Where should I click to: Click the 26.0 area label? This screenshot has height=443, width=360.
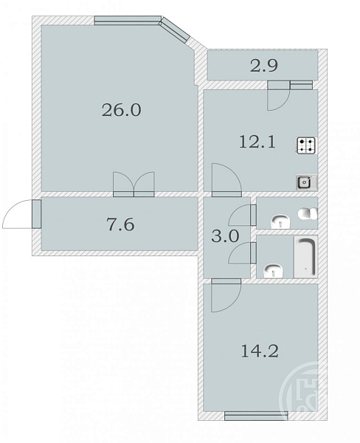pyautogui.click(x=121, y=110)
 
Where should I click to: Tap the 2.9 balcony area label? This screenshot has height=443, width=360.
pyautogui.click(x=264, y=66)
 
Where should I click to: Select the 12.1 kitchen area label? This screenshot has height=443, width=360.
pyautogui.click(x=257, y=142)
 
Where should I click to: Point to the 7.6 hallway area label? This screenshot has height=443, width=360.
pyautogui.click(x=120, y=225)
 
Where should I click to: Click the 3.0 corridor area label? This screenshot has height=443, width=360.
pyautogui.click(x=225, y=236)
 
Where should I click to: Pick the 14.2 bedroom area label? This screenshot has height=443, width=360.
pyautogui.click(x=260, y=351)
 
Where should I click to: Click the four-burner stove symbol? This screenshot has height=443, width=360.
pyautogui.click(x=306, y=145)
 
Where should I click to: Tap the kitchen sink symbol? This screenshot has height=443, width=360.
pyautogui.click(x=307, y=182)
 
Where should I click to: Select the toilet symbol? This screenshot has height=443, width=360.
pyautogui.click(x=308, y=214)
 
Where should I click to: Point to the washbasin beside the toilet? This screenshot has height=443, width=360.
pyautogui.click(x=280, y=221)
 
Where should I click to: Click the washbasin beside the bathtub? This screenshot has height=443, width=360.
pyautogui.click(x=273, y=271)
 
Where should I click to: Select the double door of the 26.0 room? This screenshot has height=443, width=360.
pyautogui.click(x=134, y=184)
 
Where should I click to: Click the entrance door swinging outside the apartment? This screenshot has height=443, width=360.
pyautogui.click(x=21, y=214)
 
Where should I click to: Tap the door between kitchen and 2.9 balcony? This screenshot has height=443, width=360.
pyautogui.click(x=278, y=96)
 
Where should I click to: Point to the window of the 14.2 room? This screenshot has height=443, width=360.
pyautogui.click(x=256, y=416)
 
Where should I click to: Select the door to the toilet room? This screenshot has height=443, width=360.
pyautogui.click(x=242, y=216)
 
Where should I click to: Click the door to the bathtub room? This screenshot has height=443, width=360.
pyautogui.click(x=242, y=253)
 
